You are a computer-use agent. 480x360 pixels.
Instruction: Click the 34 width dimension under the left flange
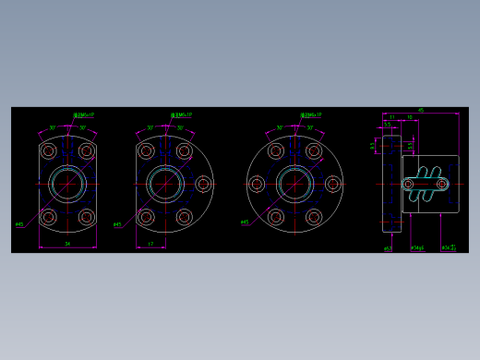(68, 244)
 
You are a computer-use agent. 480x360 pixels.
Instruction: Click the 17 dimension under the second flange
(150, 245)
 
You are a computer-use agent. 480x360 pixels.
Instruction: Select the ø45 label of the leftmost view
(19, 223)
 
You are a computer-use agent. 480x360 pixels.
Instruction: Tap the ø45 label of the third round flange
(245, 222)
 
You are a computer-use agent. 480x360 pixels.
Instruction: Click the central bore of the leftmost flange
(68, 184)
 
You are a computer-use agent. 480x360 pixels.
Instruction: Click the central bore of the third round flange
(294, 184)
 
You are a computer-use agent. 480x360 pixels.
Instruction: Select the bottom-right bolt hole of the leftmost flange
(87, 217)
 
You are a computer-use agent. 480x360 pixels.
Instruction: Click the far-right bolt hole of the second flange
(204, 184)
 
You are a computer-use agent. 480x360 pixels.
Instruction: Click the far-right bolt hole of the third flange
(332, 184)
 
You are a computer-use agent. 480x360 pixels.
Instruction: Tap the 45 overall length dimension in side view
(421, 110)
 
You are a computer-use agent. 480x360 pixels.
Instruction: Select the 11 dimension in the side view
(392, 117)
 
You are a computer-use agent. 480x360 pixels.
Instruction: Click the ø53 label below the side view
(389, 248)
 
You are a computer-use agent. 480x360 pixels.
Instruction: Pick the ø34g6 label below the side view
(417, 248)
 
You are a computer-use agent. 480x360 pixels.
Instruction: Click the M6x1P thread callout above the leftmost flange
(83, 115)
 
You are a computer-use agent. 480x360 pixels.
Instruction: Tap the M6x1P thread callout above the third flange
(311, 115)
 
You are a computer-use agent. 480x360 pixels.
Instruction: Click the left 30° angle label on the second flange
(150, 128)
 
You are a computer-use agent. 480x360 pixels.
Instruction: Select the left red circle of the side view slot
(409, 184)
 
